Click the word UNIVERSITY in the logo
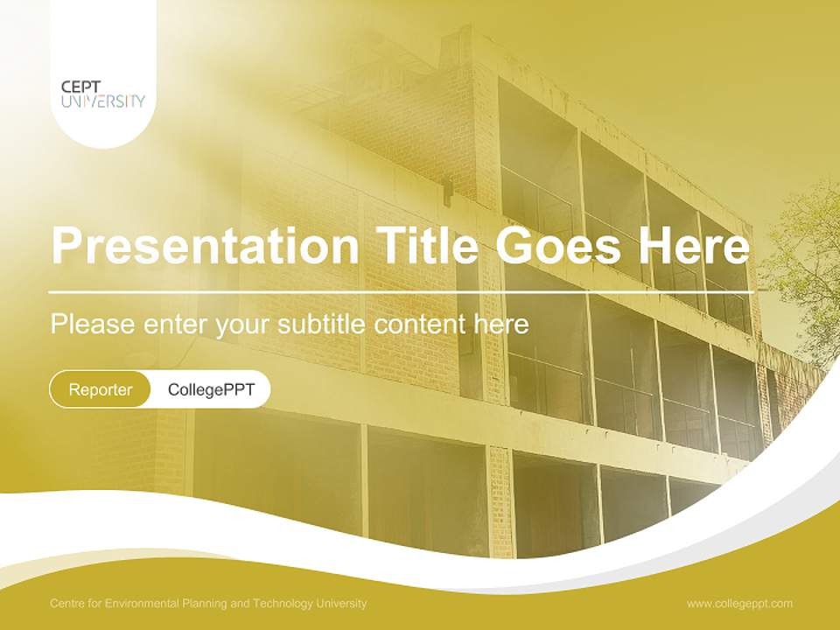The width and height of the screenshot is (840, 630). (x=103, y=101)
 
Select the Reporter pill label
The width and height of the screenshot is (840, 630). (x=101, y=389)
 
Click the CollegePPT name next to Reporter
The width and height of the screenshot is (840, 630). (x=211, y=389)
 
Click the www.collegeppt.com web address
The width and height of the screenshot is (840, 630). (x=739, y=604)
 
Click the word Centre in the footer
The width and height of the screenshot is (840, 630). (x=67, y=604)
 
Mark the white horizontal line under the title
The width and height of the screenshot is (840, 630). (x=401, y=291)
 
